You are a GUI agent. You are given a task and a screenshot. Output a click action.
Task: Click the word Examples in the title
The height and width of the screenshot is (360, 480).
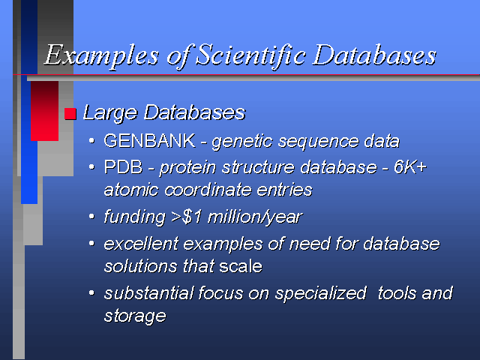click(x=101, y=55)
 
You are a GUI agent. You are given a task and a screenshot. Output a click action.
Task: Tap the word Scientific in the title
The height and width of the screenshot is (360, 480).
click(x=250, y=55)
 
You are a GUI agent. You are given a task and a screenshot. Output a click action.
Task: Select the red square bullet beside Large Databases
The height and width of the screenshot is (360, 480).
click(x=70, y=113)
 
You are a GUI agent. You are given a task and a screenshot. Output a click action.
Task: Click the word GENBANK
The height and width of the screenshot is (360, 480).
click(x=149, y=141)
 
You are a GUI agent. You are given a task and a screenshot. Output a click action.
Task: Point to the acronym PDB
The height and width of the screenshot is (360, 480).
click(x=123, y=167)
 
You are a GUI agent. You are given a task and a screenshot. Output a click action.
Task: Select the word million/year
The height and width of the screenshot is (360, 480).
click(x=255, y=217)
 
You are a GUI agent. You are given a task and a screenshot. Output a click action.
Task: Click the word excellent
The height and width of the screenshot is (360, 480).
click(x=141, y=244)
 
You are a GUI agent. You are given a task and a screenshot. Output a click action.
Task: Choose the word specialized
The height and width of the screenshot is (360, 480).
click(x=320, y=294)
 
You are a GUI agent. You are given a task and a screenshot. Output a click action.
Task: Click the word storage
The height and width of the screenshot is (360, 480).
click(x=135, y=316)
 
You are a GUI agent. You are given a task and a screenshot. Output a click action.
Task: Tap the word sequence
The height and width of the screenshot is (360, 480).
click(x=318, y=142)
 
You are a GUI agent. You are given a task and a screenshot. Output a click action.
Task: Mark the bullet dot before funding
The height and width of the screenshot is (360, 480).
click(x=91, y=217)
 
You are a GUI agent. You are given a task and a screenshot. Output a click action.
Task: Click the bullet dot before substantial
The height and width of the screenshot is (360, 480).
click(x=91, y=292)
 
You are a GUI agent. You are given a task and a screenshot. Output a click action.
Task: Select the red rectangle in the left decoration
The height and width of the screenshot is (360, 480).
click(x=44, y=111)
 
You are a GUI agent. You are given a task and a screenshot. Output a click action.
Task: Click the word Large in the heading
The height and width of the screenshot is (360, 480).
click(x=110, y=113)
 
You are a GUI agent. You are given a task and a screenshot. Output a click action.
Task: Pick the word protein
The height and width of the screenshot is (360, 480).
click(x=187, y=168)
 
